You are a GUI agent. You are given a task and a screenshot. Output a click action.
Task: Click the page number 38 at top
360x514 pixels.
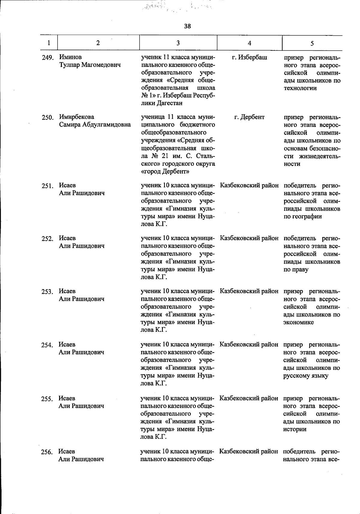pos(187,26)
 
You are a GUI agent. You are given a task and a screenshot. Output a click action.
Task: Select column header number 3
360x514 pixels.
pos(178,43)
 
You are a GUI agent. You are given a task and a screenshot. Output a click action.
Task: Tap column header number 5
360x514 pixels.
pos(312,43)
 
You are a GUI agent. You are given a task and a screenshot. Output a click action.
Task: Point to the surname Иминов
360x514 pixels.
pos(70,57)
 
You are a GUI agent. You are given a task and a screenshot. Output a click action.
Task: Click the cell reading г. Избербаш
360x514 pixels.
pos(250,57)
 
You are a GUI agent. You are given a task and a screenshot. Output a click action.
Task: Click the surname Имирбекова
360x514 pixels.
pos(76,117)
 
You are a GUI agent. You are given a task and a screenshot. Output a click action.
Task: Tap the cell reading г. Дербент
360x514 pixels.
pos(249,117)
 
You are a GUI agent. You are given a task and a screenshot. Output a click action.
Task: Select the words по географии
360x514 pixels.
pos(302,216)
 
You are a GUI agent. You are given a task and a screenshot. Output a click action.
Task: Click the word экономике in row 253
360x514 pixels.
pos(298,322)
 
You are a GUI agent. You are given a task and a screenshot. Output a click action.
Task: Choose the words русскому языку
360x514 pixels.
pos(305,376)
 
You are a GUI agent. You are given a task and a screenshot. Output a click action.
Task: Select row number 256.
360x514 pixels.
pos(47,452)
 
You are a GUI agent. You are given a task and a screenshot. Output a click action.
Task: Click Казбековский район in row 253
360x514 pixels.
pos(249,291)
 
